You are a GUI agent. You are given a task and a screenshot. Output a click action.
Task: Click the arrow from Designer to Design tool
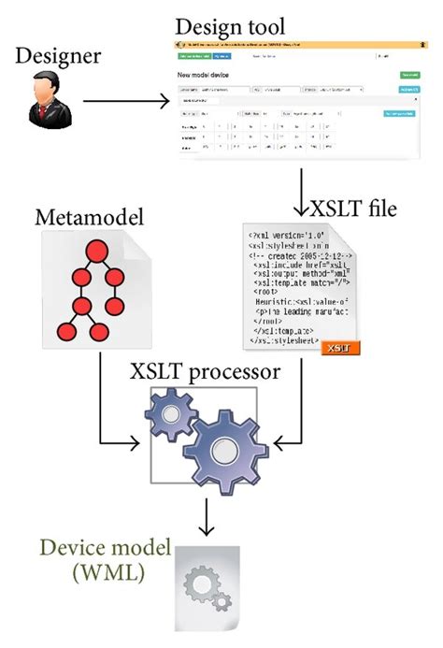point(125,97)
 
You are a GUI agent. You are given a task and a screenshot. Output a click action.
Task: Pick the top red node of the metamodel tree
point(93,251)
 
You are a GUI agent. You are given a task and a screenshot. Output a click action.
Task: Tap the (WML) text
point(101,572)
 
